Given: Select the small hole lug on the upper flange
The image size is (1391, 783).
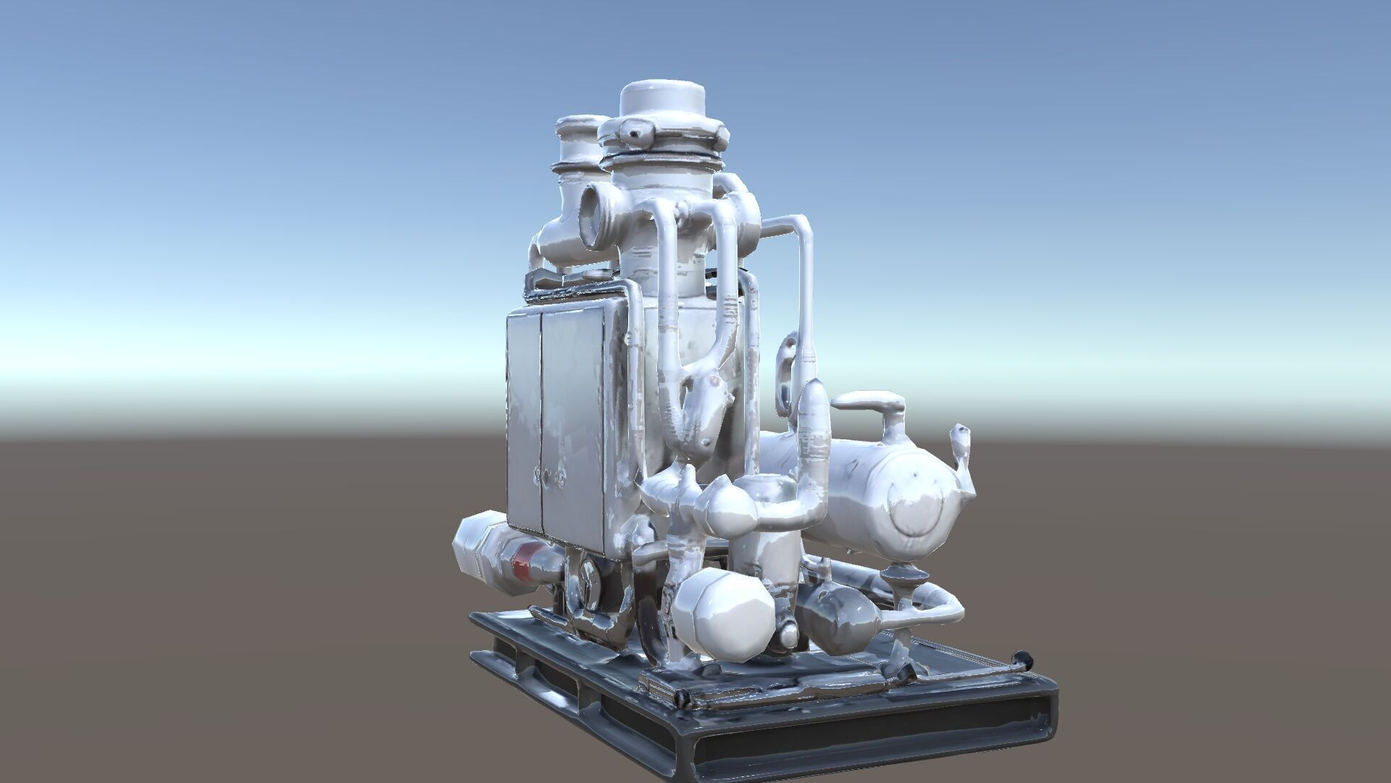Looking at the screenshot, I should click(639, 132).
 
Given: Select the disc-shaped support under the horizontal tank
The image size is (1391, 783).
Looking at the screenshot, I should click(901, 576).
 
